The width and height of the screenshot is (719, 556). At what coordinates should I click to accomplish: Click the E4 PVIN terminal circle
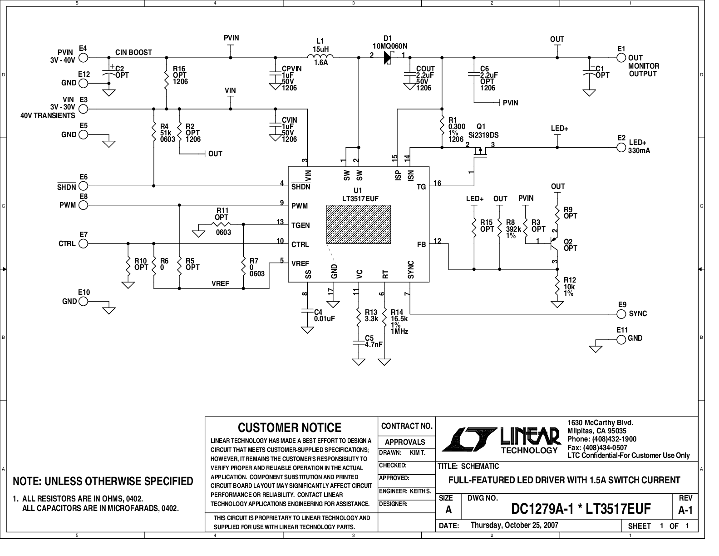point(84,58)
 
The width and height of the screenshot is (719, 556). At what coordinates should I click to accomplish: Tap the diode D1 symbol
point(388,58)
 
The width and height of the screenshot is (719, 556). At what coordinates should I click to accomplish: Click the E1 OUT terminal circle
point(621,58)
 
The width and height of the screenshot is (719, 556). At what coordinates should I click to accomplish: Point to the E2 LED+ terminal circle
point(621,147)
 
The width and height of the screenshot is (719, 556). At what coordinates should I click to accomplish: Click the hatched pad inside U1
point(359,224)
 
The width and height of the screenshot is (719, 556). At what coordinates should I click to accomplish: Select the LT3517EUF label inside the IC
point(360,199)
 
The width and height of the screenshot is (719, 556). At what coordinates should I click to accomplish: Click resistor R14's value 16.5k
point(399,318)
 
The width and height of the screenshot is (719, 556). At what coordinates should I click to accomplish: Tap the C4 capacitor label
point(318,312)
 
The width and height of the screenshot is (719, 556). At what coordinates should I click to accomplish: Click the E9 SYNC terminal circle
point(621,314)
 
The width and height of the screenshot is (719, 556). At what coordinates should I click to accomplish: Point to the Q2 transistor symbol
point(554,244)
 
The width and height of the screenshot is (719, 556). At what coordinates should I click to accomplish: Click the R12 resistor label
point(570,280)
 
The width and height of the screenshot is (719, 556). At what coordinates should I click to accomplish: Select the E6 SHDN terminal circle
point(84,186)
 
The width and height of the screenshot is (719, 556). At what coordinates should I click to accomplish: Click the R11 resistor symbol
point(221,224)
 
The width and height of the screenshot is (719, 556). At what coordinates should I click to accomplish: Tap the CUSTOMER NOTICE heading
point(290,427)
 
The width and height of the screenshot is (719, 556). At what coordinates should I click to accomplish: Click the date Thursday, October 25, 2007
point(514,525)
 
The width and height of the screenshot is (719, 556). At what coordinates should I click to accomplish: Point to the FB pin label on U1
point(421,245)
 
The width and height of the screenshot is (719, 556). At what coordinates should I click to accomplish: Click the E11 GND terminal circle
point(621,340)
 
